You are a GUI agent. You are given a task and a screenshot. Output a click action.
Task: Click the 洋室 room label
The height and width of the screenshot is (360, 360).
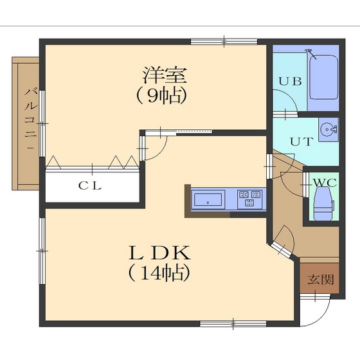click(x=165, y=75)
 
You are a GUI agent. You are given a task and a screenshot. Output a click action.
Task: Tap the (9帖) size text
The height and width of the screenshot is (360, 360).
click(x=161, y=96)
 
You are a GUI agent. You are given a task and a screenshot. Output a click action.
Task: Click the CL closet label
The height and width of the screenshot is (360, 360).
click(x=89, y=186)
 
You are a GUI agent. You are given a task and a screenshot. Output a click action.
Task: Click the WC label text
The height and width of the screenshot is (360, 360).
click(x=324, y=183)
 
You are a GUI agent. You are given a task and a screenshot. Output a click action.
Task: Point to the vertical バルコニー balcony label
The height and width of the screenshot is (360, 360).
click(x=30, y=122)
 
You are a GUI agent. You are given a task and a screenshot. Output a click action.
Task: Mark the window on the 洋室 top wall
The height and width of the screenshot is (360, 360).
click(x=224, y=42)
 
